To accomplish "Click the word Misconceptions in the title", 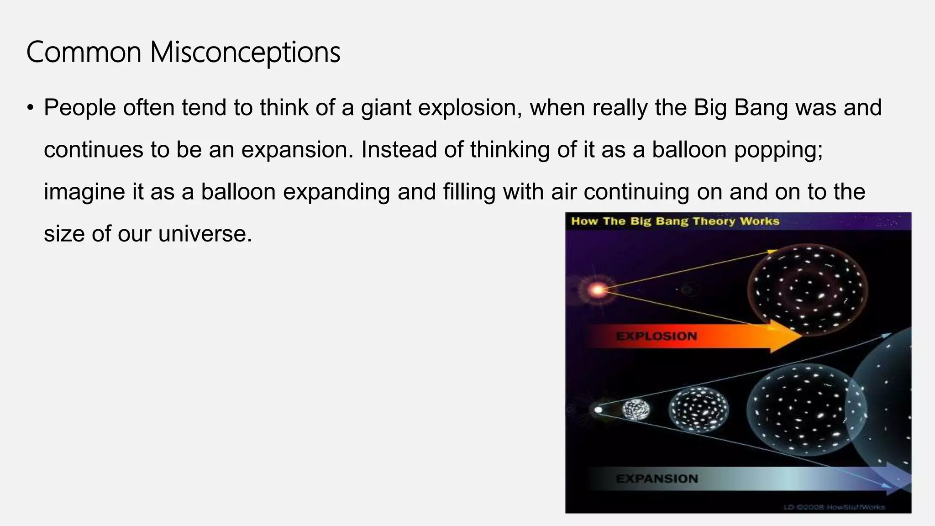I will pos(245,53).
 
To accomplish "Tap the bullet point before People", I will pos(30,108).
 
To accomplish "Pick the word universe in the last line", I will pos(205,234).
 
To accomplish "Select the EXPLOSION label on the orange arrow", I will pos(657,337).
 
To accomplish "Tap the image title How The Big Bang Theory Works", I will pos(675,221).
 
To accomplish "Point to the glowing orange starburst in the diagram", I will pos(597,289).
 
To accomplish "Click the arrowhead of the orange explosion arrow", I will pos(785,337).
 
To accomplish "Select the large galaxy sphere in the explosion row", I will pos(807,289).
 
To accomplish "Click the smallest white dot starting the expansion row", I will pos(598,410).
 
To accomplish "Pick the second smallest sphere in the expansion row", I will pos(636,410).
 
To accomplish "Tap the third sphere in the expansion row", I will pos(698,410).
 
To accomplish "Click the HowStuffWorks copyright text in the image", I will pos(835,507).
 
